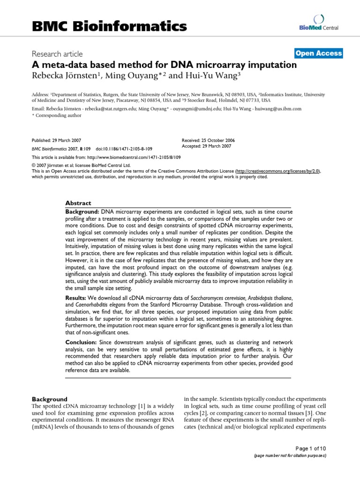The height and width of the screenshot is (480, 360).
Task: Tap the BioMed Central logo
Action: pyautogui.click(x=318, y=23)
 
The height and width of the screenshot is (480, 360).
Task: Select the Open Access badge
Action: pyautogui.click(x=318, y=53)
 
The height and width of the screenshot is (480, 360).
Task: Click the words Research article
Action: pyautogui.click(x=57, y=54)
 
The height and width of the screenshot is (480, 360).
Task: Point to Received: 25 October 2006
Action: pyautogui.click(x=208, y=140)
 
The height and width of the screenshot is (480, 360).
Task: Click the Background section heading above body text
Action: pyautogui.click(x=49, y=399)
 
